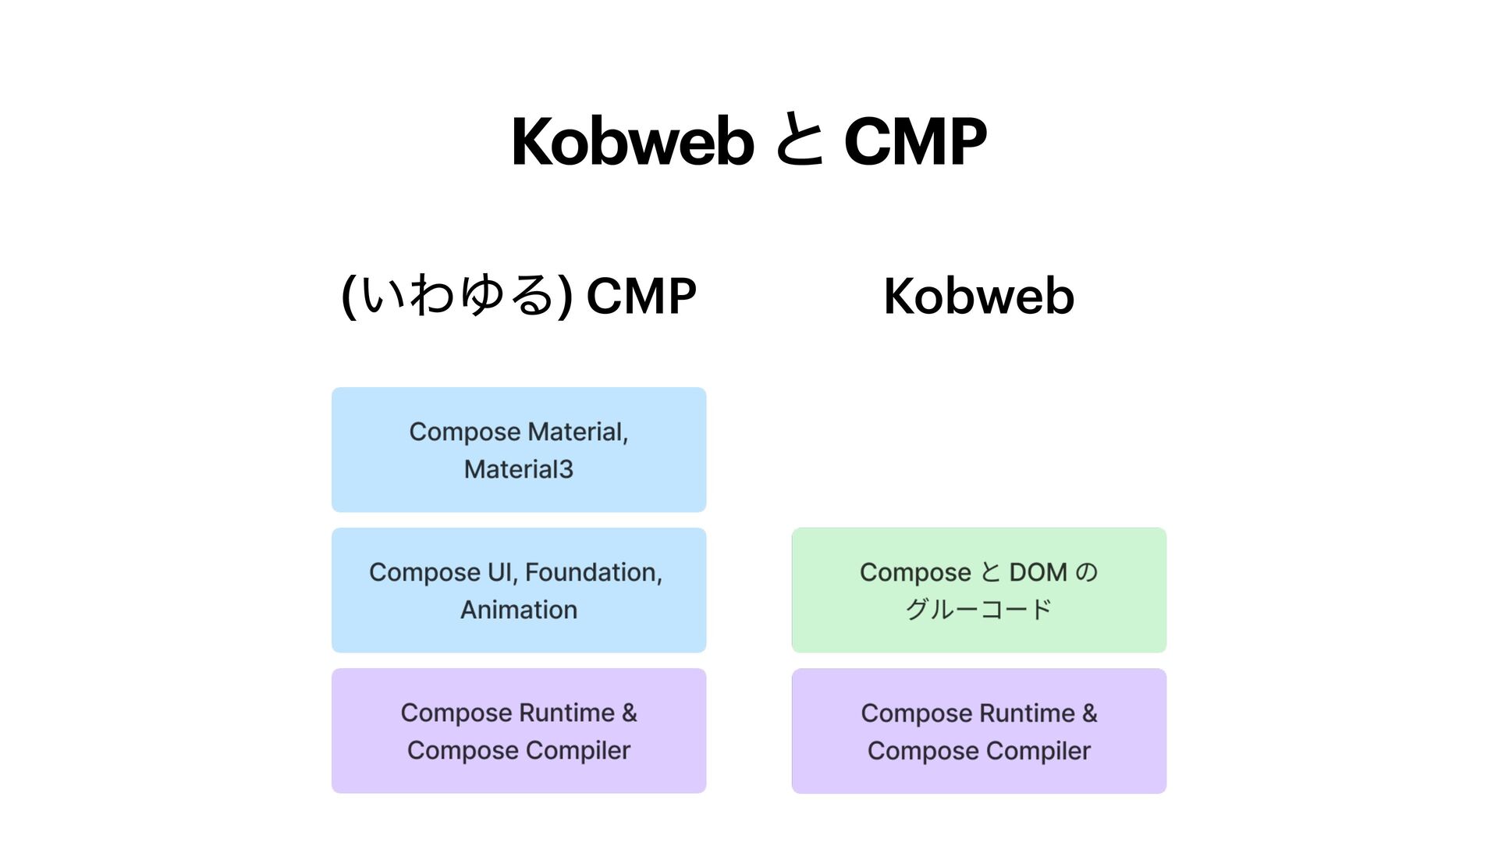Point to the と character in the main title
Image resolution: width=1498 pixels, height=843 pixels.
800,141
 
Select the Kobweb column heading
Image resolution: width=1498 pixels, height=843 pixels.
978,297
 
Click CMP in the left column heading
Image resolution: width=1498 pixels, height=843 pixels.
641,297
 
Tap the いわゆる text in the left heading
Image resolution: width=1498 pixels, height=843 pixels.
456,297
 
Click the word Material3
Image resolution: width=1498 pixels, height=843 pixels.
519,469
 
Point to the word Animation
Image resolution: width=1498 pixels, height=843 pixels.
519,610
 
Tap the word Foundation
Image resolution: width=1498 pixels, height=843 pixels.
592,572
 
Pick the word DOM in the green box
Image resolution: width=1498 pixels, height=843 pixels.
1038,572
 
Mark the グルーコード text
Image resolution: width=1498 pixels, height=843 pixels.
978,610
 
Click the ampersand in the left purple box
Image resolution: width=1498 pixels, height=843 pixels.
629,713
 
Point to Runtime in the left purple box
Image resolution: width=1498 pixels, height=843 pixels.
566,713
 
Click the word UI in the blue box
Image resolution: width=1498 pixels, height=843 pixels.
499,572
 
